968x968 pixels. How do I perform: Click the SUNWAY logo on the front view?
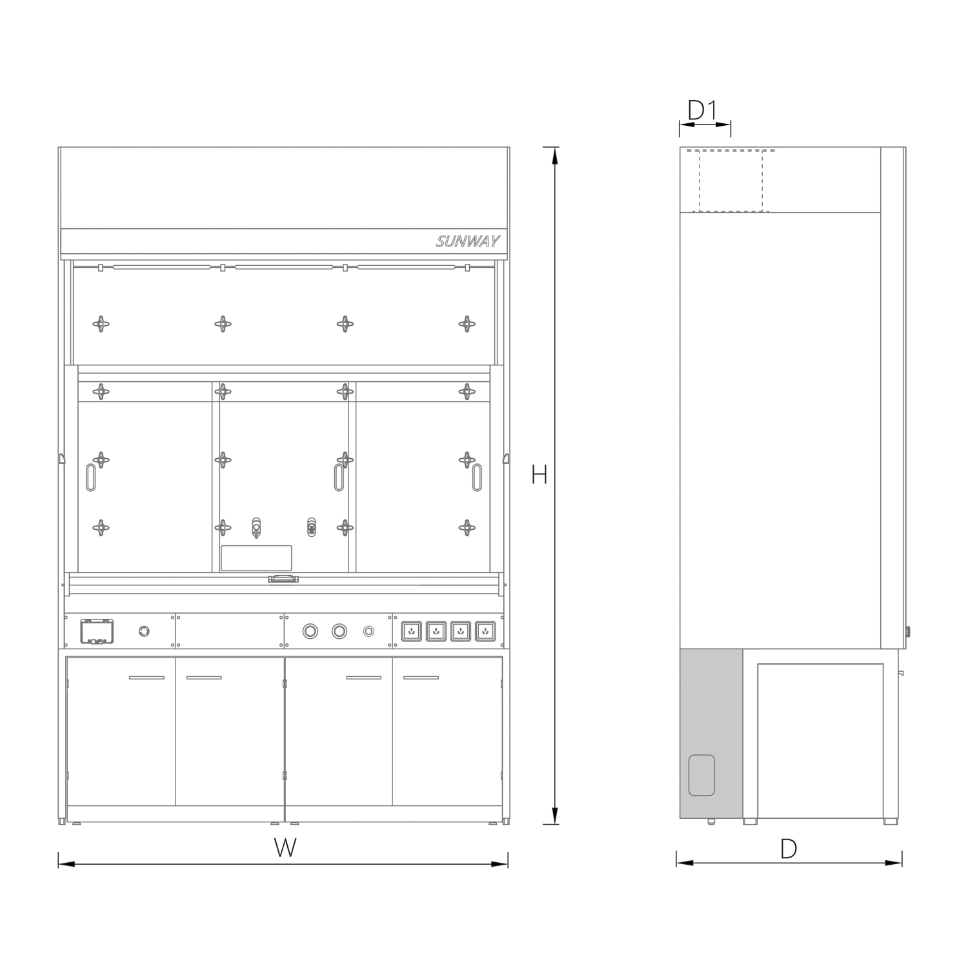(468, 242)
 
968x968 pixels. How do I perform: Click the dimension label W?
(285, 848)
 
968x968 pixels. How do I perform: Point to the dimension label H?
(539, 475)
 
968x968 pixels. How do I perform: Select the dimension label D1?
(702, 111)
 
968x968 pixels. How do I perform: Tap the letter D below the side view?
(789, 849)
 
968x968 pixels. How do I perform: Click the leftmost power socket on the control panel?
(412, 630)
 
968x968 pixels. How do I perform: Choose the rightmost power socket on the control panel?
(485, 630)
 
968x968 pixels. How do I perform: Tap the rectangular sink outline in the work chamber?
(256, 558)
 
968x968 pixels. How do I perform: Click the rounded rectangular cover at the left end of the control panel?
(97, 631)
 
